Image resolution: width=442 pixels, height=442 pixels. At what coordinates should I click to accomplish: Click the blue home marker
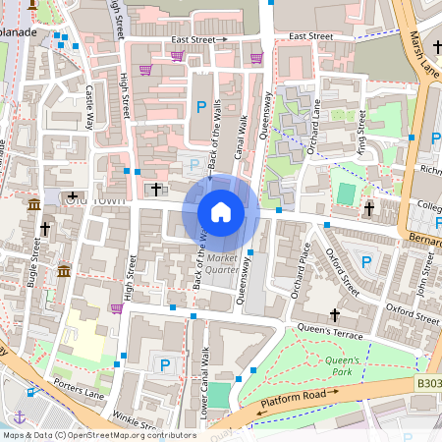tap(221, 211)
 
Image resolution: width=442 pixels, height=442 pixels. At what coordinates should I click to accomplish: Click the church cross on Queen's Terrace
tap(335, 315)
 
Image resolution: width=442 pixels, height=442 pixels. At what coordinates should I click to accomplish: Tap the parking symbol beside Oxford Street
tap(366, 261)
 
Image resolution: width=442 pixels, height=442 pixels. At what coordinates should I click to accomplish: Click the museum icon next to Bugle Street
tap(64, 270)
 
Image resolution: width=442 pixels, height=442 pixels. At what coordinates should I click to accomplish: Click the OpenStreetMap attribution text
tap(98, 434)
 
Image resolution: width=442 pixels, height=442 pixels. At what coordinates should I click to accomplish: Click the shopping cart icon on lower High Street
tap(117, 307)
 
